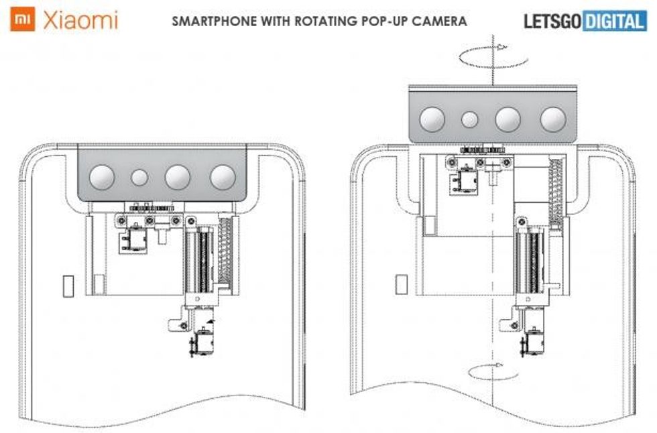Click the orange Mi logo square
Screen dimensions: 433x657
[x=23, y=20]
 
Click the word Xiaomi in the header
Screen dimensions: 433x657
[x=80, y=20]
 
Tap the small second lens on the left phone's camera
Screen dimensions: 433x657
[x=139, y=178]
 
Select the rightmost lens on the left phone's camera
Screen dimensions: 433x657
[x=223, y=177]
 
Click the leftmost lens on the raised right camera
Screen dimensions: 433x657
[x=432, y=119]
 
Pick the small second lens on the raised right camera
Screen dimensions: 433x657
[x=471, y=120]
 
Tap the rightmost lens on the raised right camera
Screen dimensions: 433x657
[x=554, y=119]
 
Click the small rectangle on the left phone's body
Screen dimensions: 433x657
[x=68, y=286]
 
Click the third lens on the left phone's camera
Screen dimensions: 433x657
[x=178, y=177]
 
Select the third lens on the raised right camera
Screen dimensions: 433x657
[x=508, y=119]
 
